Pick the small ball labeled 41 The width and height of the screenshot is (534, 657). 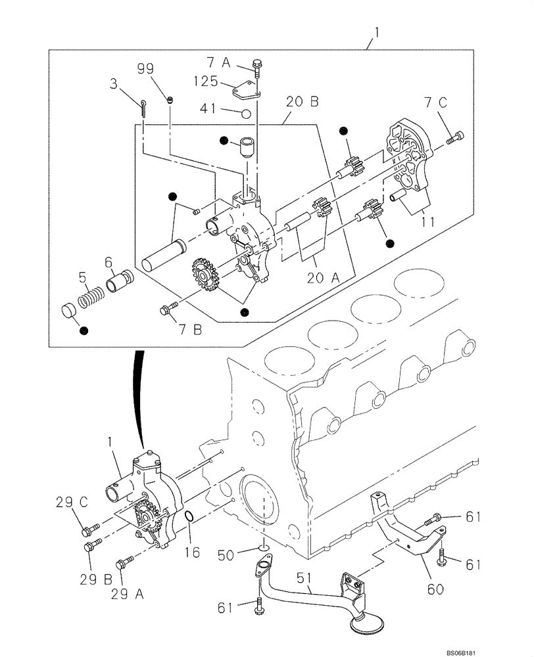(246, 112)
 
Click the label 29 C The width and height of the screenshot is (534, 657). (70, 503)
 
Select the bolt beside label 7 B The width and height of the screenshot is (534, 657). (169, 306)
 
